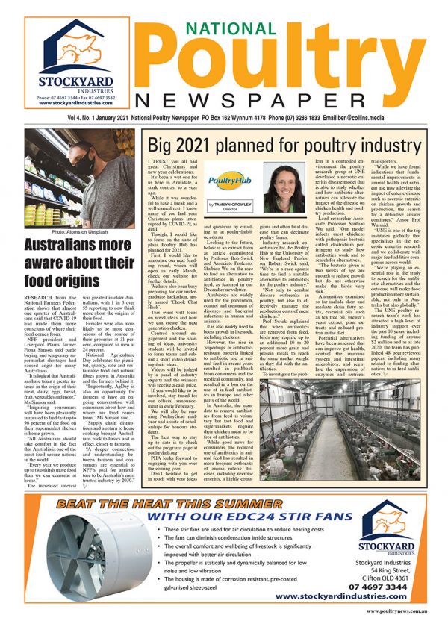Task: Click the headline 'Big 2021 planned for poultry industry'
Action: point(284,146)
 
